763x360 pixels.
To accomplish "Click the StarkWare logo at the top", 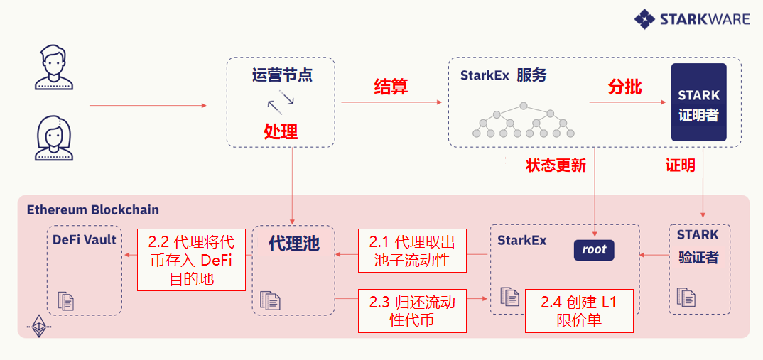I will tap(693, 19).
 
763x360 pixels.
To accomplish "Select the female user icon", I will tap(54, 139).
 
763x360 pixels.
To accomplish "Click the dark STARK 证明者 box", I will tap(698, 102).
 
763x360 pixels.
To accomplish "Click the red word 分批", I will tap(624, 87).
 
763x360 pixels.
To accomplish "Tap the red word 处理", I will tap(281, 131).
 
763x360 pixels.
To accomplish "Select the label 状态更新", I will tap(556, 165).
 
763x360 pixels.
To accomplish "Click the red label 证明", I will tap(680, 165).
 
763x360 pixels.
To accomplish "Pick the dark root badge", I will tap(594, 249).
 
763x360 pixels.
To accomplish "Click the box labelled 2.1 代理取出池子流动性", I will tap(412, 250).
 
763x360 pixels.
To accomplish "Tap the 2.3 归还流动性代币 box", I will tap(412, 310).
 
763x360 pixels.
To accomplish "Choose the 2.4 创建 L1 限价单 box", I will tap(578, 311).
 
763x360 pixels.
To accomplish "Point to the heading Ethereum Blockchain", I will tap(93, 209).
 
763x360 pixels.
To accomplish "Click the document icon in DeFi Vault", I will tap(65, 300).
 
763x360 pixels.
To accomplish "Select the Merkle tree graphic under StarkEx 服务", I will tap(524, 119).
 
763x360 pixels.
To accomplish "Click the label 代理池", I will tap(294, 244).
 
